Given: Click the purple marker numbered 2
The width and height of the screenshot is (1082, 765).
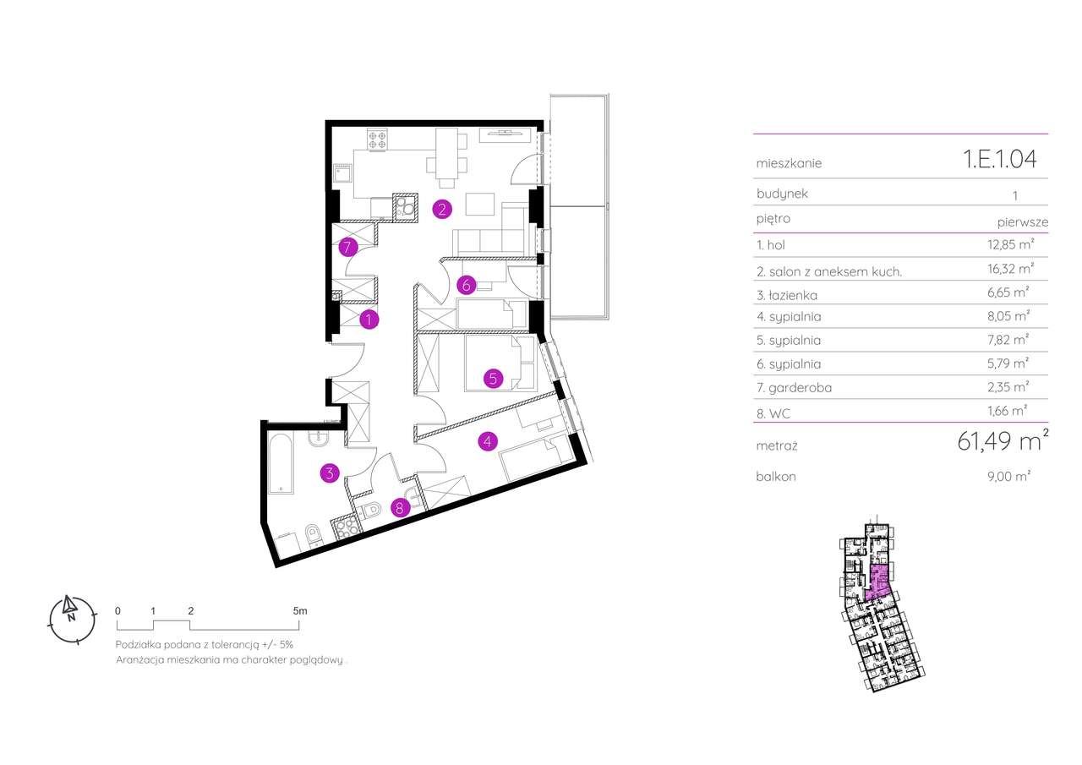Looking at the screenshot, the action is click(x=440, y=208).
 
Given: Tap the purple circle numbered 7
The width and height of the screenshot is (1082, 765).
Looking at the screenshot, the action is click(x=347, y=248).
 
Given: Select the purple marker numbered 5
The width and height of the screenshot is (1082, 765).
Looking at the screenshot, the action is click(x=493, y=379).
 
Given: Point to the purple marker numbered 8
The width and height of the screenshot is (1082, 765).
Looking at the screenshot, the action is click(x=401, y=508).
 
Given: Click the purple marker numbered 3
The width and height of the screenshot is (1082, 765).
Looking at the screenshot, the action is click(x=329, y=473).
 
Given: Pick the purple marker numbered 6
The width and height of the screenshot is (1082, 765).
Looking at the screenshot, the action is click(x=465, y=285).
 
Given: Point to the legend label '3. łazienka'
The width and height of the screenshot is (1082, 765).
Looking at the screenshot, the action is click(x=787, y=295).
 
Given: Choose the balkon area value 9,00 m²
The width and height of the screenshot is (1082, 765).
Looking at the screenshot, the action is click(x=1010, y=477).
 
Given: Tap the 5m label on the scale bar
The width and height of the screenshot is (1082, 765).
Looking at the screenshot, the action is click(x=300, y=609).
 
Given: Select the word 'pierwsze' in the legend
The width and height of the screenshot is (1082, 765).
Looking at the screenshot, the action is click(x=1023, y=221).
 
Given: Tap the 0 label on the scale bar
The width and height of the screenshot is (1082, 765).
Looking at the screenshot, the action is click(x=117, y=609).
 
